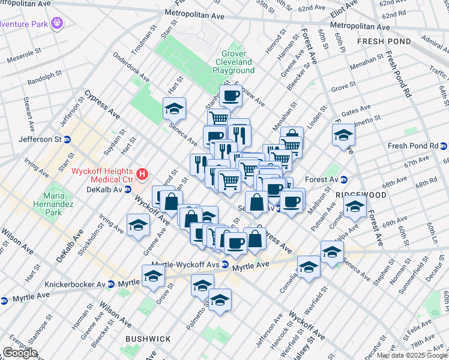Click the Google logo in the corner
point(20,353)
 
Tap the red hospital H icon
point(142,175)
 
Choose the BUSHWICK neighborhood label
point(148,339)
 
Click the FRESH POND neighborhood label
point(384,41)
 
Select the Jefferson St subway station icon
point(67,139)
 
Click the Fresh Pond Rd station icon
point(444,146)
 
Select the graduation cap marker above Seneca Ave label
point(174,109)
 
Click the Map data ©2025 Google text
point(412,355)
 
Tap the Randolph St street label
point(41,79)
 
